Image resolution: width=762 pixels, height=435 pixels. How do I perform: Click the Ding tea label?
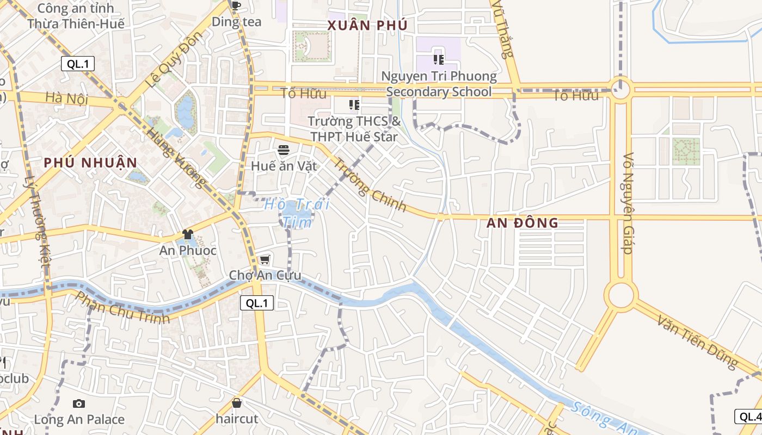[237, 22]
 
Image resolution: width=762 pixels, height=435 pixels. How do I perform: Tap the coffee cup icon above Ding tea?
[236, 6]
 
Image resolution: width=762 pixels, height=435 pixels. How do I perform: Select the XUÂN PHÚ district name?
[367, 25]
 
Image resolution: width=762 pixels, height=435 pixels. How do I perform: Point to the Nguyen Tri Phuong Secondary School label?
[439, 84]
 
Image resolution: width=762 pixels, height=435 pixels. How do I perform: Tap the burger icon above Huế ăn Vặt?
[283, 150]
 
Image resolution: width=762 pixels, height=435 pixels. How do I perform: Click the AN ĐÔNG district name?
[523, 222]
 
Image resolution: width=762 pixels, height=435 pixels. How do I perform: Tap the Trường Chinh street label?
[370, 184]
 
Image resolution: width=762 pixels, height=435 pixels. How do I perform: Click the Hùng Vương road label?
[177, 158]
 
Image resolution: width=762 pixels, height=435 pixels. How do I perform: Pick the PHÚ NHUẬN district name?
[90, 162]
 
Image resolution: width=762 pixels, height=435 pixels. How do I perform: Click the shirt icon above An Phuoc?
[188, 234]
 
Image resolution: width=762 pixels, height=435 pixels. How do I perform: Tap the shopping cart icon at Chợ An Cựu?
[265, 259]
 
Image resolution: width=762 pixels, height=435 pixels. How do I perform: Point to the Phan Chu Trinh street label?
[122, 307]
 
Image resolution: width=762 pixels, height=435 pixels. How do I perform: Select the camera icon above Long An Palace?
[79, 403]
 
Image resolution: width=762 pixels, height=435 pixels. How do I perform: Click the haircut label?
[237, 419]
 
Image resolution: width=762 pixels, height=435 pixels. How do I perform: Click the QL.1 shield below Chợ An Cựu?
[257, 303]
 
